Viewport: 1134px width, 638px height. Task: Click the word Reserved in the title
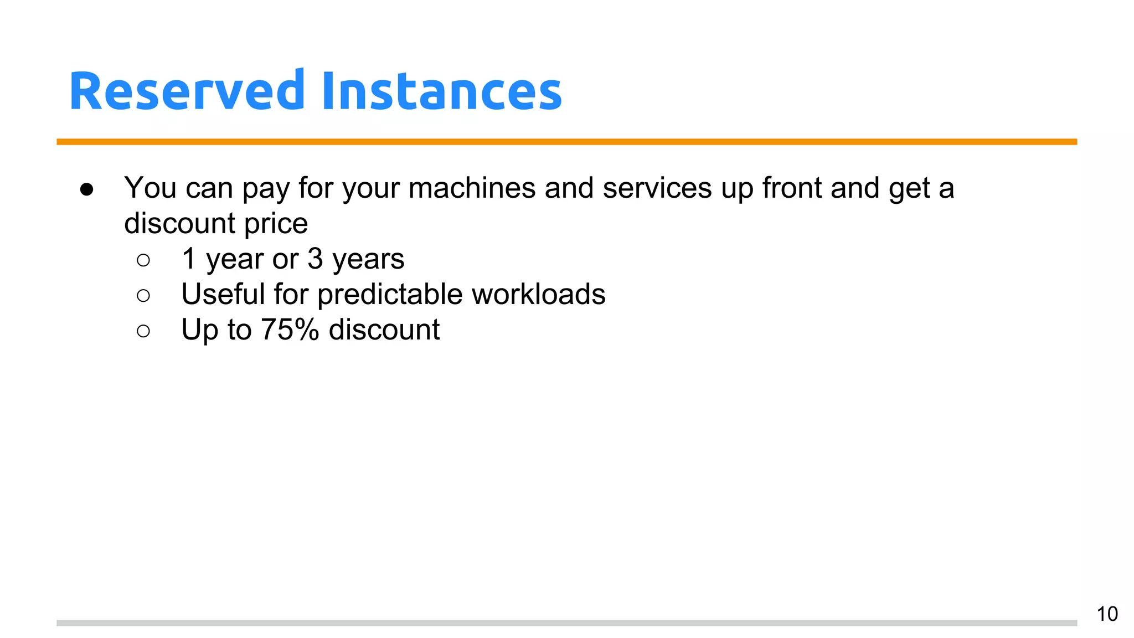click(x=187, y=91)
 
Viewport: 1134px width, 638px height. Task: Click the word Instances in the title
click(x=441, y=91)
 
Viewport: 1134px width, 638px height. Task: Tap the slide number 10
click(x=1107, y=614)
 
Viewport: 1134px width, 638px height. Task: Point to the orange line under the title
click(x=566, y=142)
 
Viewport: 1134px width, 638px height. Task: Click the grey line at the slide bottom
click(x=566, y=623)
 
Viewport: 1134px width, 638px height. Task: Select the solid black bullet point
click(x=86, y=189)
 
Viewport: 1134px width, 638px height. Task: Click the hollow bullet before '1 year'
click(x=143, y=260)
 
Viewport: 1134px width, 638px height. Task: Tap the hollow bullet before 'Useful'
click(x=143, y=296)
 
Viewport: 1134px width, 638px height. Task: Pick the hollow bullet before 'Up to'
click(x=143, y=331)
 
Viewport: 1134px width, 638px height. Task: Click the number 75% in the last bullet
click(x=290, y=330)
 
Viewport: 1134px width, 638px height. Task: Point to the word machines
click(x=472, y=188)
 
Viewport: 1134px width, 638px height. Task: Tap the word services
click(x=657, y=188)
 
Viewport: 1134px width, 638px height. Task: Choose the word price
click(x=276, y=224)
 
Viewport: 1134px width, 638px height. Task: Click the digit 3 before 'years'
click(x=315, y=259)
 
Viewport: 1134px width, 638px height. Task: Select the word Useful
click(x=223, y=294)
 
